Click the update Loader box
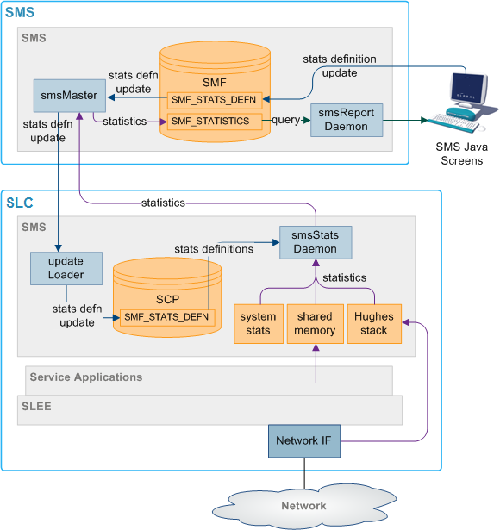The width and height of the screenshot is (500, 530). (66, 268)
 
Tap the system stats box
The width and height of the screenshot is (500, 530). (258, 324)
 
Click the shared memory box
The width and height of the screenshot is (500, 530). (315, 324)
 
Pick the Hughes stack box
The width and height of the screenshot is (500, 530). (372, 324)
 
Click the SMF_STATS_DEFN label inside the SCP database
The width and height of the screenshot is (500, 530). (166, 317)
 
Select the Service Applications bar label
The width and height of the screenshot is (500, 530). (86, 377)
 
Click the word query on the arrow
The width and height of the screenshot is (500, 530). (285, 121)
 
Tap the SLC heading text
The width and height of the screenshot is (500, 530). (21, 203)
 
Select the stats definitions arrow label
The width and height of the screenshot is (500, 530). (214, 249)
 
